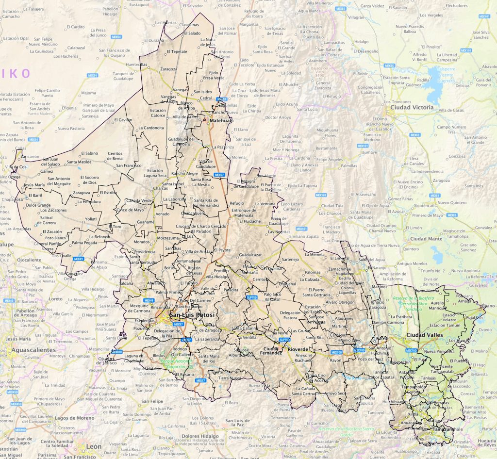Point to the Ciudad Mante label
(426, 239)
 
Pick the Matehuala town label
(221, 120)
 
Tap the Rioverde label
(298, 348)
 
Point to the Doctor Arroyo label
(279, 117)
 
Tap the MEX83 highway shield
(415, 135)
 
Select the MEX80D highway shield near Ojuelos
(117, 352)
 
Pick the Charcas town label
(161, 188)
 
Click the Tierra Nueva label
(229, 377)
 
